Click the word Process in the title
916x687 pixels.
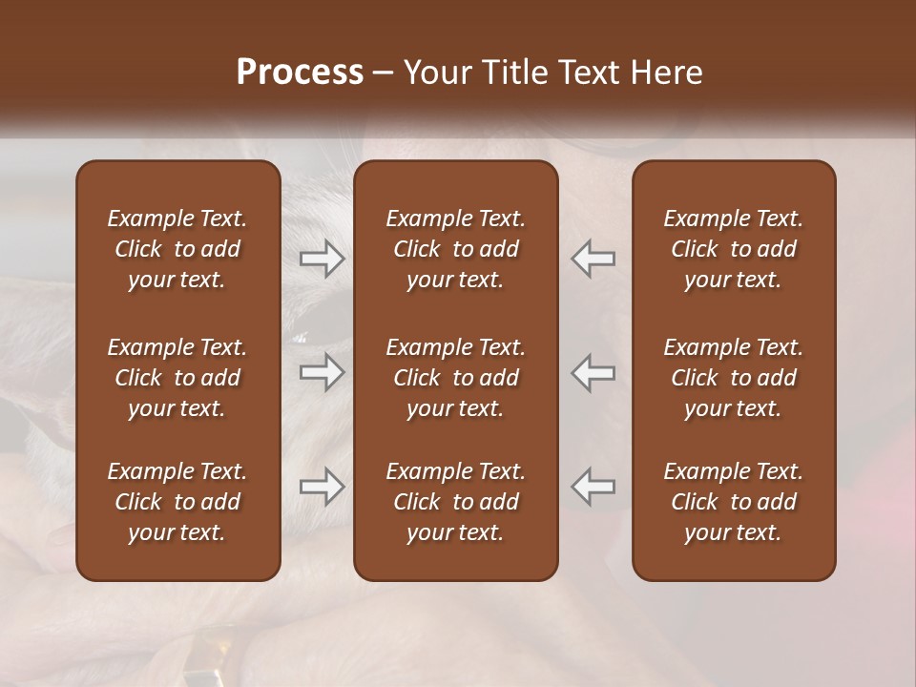coord(300,73)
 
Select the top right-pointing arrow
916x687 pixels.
coord(322,259)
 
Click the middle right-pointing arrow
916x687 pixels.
coord(322,372)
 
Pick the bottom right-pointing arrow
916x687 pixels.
coord(322,488)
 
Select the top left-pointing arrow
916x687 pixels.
coord(593,259)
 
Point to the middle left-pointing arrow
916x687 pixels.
coord(593,372)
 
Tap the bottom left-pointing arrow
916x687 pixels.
coord(593,486)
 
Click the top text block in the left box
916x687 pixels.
coord(177,249)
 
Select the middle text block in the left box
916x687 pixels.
coord(177,378)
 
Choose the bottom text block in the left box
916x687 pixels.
coord(177,502)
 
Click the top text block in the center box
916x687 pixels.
coord(455,249)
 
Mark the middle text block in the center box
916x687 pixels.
coord(455,378)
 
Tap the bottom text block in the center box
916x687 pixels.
coord(455,502)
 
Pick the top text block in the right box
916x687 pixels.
coord(733,249)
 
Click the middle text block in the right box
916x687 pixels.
coord(733,378)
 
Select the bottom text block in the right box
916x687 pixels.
coord(733,502)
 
